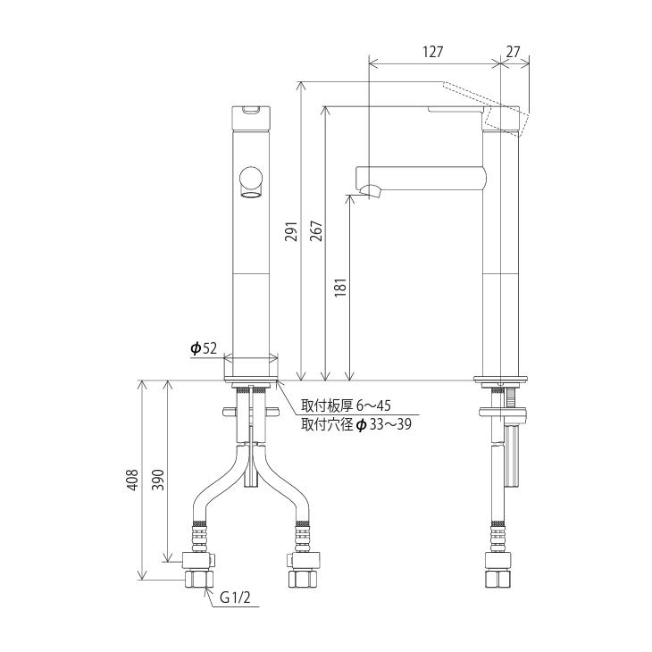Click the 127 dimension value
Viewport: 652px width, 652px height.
[x=432, y=52]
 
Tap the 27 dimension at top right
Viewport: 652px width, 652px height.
[x=513, y=52]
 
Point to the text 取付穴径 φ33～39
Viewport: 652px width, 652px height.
[x=355, y=424]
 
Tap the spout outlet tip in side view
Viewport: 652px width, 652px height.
[x=369, y=190]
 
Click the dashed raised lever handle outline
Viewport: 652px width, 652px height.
[x=487, y=101]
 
